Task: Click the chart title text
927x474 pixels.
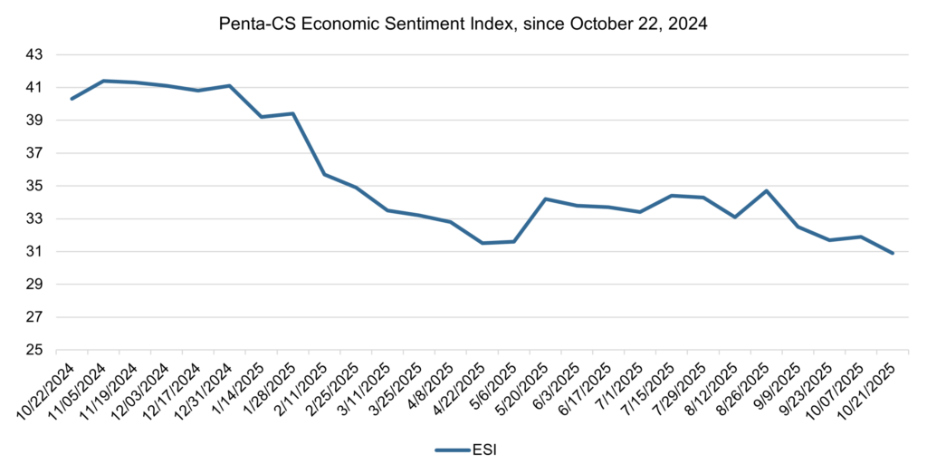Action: click(463, 24)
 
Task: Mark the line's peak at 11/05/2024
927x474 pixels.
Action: click(103, 81)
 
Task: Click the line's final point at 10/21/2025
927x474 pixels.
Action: click(893, 253)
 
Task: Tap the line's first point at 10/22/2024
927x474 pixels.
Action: click(72, 99)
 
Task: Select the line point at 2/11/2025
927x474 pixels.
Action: click(324, 174)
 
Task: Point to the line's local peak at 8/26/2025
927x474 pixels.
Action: click(766, 191)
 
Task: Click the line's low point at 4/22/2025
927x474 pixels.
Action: click(482, 243)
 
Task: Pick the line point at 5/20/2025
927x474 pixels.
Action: click(545, 198)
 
